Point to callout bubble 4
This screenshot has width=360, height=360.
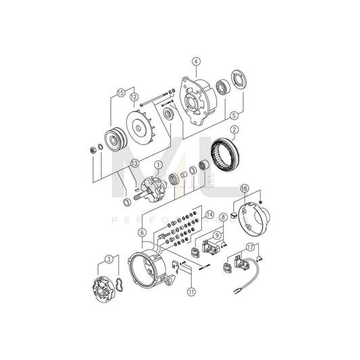(x=196, y=62)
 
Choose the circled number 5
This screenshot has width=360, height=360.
(x=234, y=115)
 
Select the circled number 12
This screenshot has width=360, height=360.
(x=134, y=98)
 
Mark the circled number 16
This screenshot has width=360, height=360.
(x=245, y=188)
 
